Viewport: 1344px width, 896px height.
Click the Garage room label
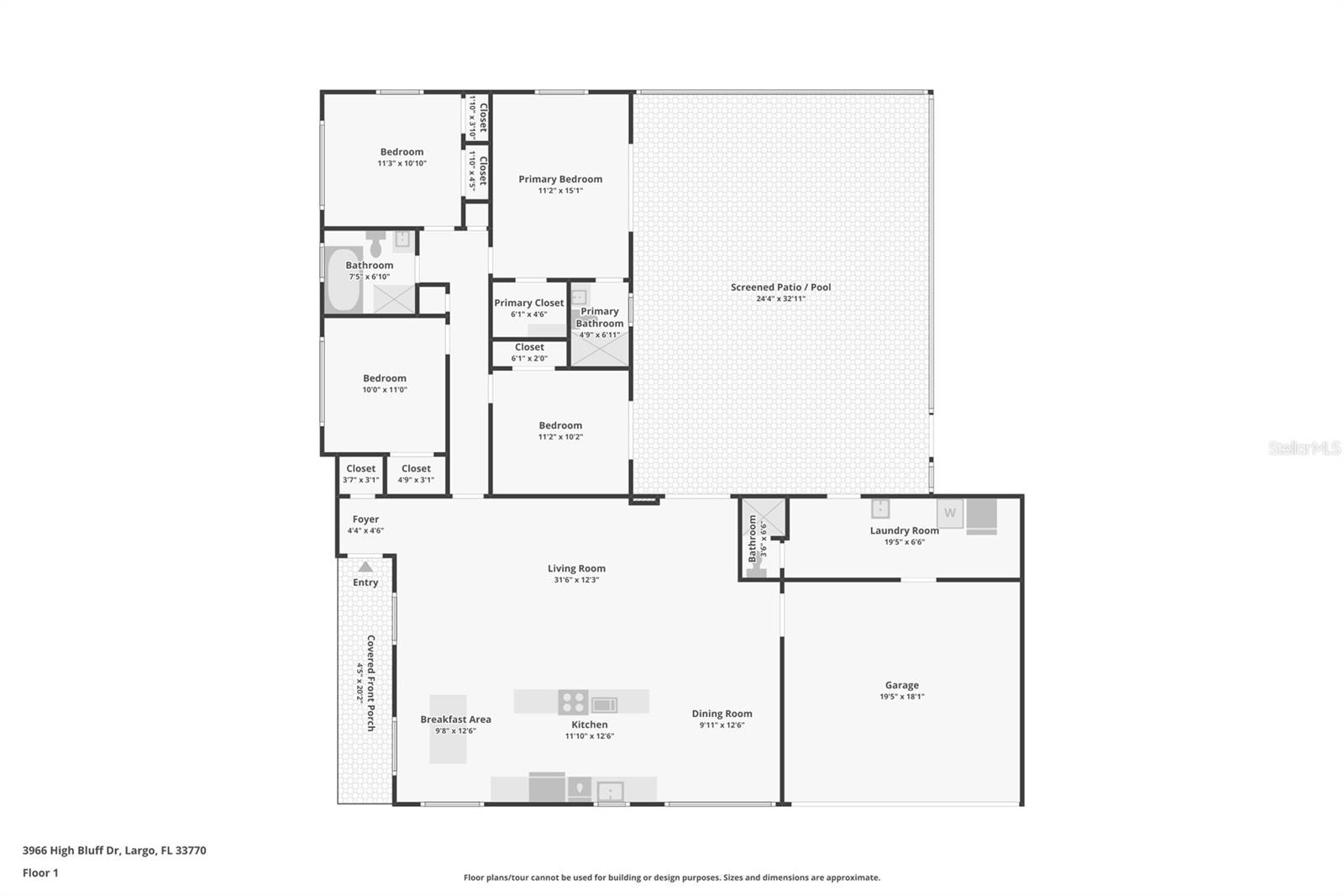click(902, 685)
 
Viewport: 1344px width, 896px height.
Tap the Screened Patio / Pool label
click(780, 287)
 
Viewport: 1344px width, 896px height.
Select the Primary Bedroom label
click(560, 179)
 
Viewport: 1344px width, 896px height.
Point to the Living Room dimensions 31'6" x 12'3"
click(576, 580)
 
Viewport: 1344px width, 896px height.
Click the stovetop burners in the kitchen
click(573, 702)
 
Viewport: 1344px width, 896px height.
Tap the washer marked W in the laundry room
click(950, 513)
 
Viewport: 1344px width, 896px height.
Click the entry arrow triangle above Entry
click(365, 567)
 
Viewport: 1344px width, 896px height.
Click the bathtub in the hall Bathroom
click(344, 279)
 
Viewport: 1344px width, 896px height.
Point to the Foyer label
click(365, 519)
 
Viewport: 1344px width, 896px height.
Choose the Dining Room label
click(722, 714)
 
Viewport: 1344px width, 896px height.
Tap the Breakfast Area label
click(455, 719)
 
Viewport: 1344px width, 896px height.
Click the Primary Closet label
click(528, 303)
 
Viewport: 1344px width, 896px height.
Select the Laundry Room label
click(904, 531)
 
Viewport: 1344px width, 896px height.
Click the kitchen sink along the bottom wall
click(610, 792)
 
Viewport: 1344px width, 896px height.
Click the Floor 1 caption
click(40, 873)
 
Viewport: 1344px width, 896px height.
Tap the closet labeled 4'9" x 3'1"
click(416, 473)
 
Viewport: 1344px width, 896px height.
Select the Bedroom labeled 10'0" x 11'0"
click(385, 384)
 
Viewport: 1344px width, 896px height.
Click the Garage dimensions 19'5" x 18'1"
click(902, 697)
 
